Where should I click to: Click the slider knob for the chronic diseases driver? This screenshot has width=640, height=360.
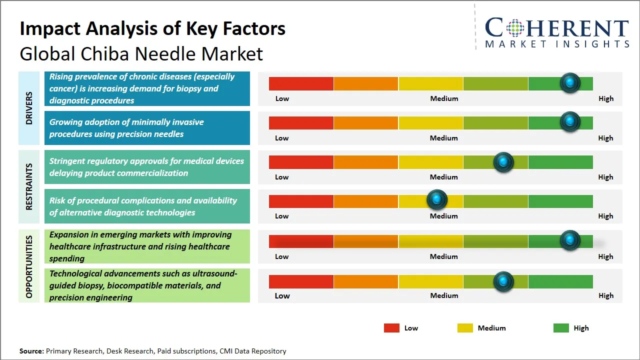569,82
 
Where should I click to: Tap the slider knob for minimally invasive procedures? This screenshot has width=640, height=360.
569,121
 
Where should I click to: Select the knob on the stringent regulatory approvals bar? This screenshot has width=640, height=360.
503,162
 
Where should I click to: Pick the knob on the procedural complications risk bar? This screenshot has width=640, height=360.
436,199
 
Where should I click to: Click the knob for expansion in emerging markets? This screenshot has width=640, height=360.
569,240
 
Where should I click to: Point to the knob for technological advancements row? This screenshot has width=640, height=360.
503,281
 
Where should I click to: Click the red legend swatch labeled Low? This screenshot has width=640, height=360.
391,328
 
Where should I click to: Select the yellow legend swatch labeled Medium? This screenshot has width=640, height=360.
465,328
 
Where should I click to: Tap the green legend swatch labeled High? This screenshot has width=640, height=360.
561,328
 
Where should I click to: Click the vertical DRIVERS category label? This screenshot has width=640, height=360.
29,108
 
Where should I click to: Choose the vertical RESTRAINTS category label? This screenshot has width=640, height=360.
29,186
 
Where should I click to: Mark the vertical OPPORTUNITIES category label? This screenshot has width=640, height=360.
29,266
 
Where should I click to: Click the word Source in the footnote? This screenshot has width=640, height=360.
31,351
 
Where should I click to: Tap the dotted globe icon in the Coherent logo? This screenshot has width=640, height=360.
515,28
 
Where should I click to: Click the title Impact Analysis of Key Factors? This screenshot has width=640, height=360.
152,28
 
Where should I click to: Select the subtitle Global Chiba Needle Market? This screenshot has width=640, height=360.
141,53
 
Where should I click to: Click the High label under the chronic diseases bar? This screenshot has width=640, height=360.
605,98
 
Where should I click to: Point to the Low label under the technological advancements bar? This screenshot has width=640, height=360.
282,295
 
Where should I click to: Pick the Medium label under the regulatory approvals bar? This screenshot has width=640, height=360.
443,177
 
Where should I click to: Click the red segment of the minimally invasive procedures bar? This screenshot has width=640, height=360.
301,122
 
